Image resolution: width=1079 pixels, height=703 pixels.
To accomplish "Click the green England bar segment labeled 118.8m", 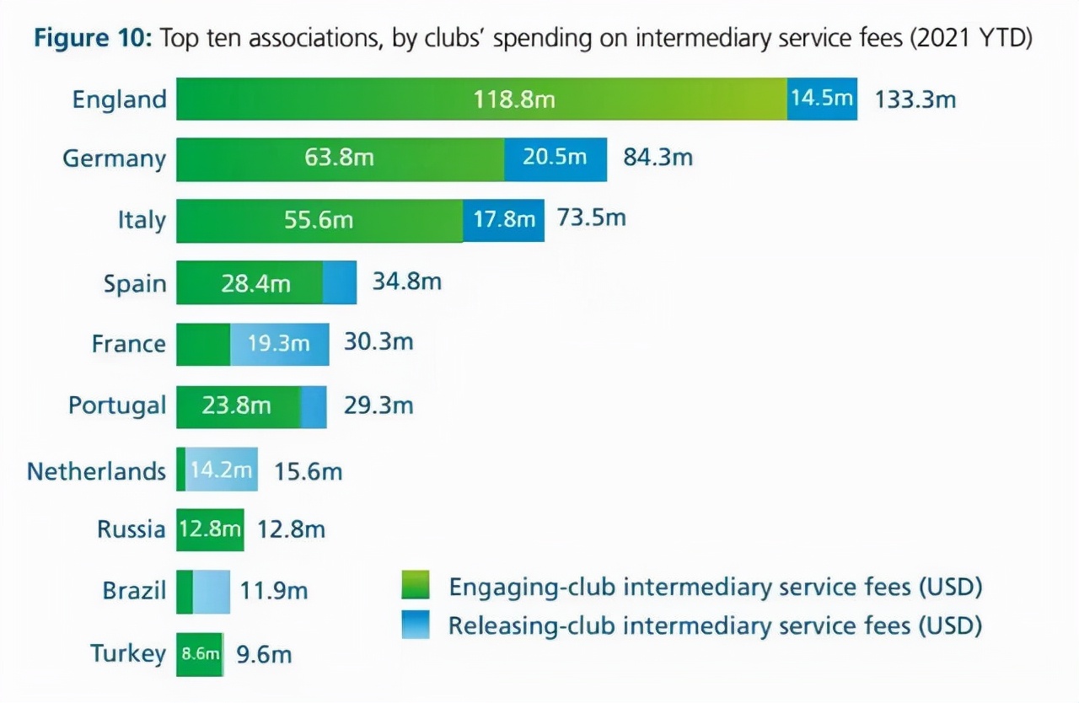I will pyautogui.click(x=480, y=99).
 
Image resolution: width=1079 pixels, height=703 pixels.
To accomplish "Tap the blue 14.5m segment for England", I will pyautogui.click(x=822, y=99).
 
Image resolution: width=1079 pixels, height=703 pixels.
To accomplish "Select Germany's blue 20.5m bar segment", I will pyautogui.click(x=555, y=159).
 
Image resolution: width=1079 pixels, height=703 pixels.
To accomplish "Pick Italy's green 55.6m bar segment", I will pyautogui.click(x=319, y=221).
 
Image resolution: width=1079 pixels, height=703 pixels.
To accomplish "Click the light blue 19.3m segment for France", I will pyautogui.click(x=279, y=344).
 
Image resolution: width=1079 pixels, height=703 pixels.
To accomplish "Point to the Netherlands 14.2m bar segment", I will pyautogui.click(x=221, y=470).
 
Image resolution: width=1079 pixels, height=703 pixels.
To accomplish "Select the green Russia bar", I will pyautogui.click(x=210, y=530).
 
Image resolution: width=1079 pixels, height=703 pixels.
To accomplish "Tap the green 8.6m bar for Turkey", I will pyautogui.click(x=200, y=654).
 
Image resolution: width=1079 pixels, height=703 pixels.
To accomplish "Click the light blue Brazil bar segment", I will pyautogui.click(x=211, y=592).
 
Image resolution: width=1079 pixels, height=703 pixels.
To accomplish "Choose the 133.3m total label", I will pyautogui.click(x=915, y=99).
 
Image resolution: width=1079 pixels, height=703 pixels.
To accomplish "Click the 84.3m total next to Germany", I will pyautogui.click(x=658, y=158).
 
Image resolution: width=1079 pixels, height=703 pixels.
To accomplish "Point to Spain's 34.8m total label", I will pyautogui.click(x=406, y=282).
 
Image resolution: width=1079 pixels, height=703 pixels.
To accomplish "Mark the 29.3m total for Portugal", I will pyautogui.click(x=378, y=405).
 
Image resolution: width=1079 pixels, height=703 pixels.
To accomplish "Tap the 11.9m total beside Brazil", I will pyautogui.click(x=274, y=592).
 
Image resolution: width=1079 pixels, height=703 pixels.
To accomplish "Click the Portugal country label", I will pyautogui.click(x=117, y=405).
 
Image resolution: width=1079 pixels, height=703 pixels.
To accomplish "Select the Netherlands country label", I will pyautogui.click(x=96, y=470).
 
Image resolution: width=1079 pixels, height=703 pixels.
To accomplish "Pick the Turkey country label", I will pyautogui.click(x=128, y=653).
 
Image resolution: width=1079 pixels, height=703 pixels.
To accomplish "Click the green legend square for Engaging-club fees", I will pyautogui.click(x=416, y=585).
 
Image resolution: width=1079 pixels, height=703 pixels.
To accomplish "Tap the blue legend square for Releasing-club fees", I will pyautogui.click(x=416, y=625).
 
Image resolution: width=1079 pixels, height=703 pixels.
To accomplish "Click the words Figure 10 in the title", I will pyautogui.click(x=90, y=40).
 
